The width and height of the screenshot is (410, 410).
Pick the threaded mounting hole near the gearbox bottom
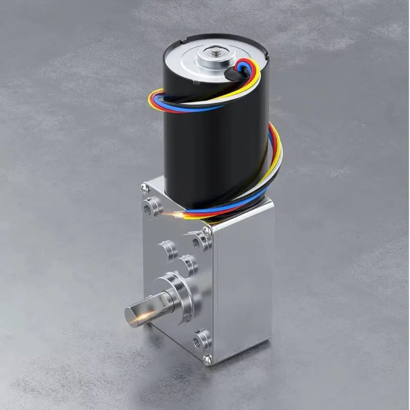pos(201,339)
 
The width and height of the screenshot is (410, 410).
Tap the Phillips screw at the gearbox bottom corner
pos(208,360)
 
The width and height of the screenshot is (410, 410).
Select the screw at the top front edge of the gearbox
pos(207,231)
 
